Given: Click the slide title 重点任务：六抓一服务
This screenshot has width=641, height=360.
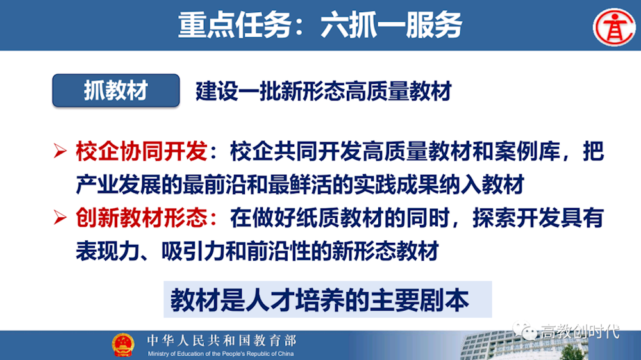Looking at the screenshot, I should coord(320,25).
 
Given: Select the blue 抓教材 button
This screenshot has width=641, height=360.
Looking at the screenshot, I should coord(115,90).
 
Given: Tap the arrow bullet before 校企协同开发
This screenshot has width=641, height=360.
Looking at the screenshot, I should coord(60,152).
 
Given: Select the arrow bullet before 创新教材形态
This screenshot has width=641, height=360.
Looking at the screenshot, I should coord(60,218).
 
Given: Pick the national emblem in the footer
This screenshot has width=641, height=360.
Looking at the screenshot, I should coord(123,345).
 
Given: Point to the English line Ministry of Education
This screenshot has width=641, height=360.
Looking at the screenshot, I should coord(221,354).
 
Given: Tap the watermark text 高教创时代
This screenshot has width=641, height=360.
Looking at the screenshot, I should coord(579,332).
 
